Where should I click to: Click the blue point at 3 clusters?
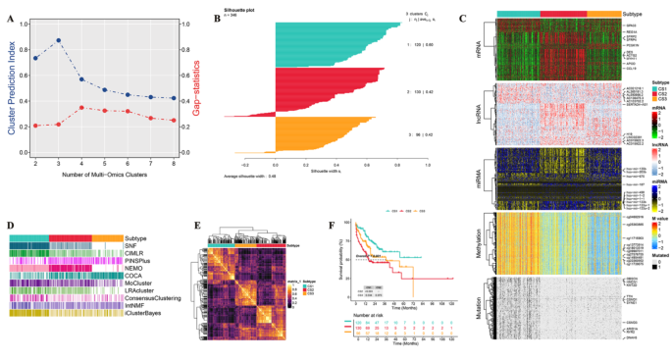click(60, 40)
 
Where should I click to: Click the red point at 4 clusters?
click(82, 108)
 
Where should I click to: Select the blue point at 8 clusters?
click(174, 99)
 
